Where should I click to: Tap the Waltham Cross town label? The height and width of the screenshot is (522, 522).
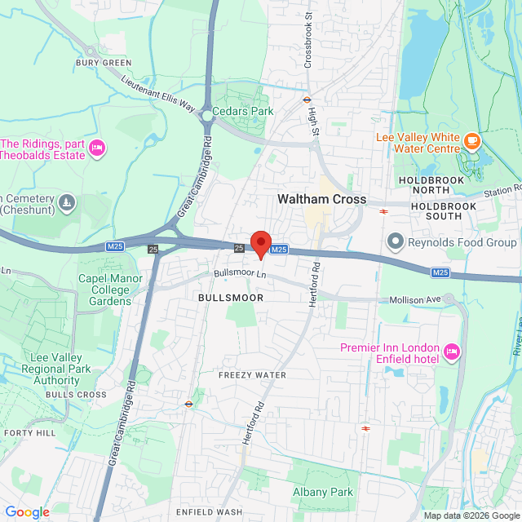[x=321, y=199]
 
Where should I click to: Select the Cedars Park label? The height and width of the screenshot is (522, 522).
[x=242, y=111]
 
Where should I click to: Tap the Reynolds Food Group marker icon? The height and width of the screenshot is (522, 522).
[x=396, y=241]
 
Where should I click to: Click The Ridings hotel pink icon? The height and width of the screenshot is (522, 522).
[x=97, y=148]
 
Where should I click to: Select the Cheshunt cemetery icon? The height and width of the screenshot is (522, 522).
[x=66, y=201]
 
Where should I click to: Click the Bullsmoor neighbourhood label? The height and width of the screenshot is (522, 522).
[x=231, y=299]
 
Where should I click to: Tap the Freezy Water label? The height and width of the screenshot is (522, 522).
[x=252, y=375]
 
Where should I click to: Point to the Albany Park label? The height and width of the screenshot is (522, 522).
[x=323, y=492]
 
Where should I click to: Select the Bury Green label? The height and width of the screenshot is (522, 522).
[x=104, y=62]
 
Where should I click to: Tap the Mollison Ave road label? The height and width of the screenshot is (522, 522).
[x=414, y=300]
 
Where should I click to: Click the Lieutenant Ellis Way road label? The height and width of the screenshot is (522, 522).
[x=158, y=94]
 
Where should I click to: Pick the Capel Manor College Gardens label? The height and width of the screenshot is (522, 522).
[x=104, y=290]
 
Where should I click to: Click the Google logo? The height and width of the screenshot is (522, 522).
[x=27, y=512]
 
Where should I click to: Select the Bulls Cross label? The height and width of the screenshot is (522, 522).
[x=76, y=395]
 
